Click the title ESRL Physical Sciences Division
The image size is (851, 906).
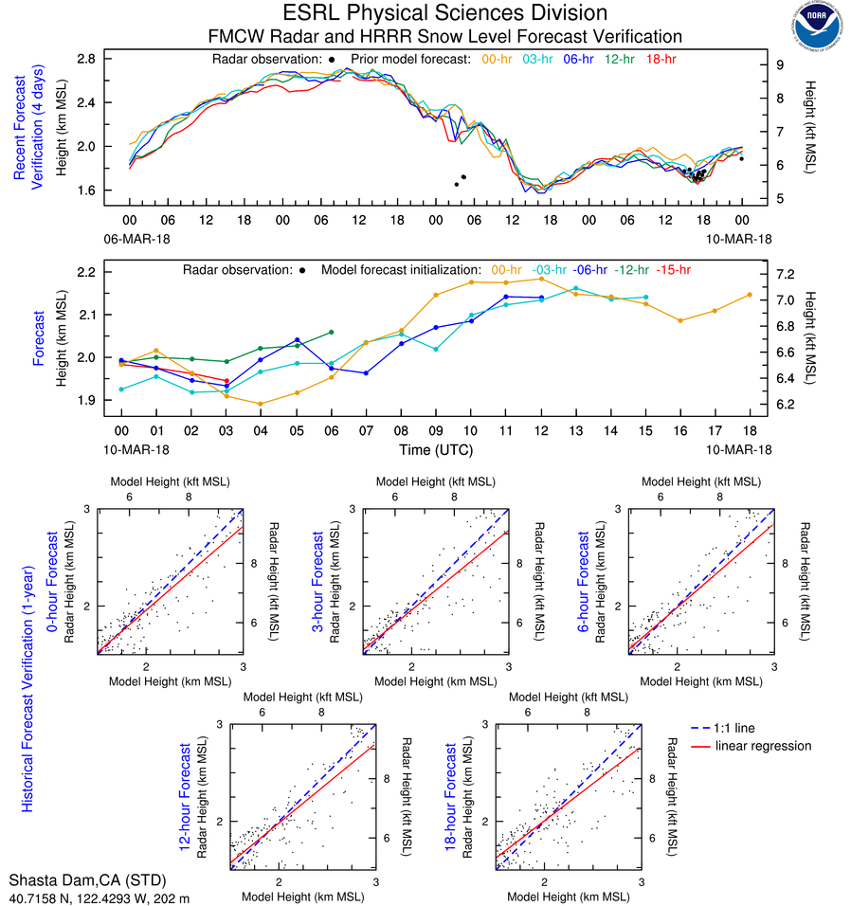point(444,13)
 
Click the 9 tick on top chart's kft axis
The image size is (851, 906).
point(779,64)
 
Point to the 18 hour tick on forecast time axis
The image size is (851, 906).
point(750,430)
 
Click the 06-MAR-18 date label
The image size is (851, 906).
point(131,236)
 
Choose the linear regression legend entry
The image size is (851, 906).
point(764,746)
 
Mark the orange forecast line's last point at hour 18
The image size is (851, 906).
point(750,295)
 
